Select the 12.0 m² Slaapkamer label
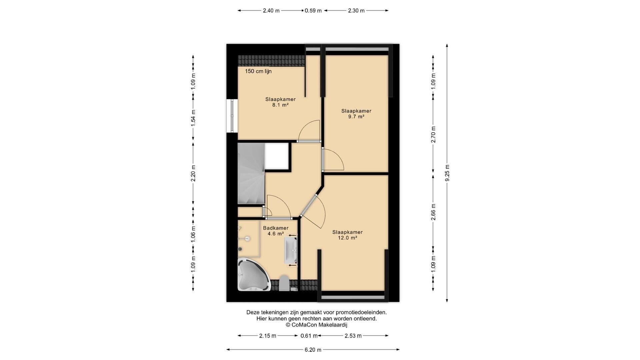coord(347,235)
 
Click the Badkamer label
coord(276,228)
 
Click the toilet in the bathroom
coord(284,283)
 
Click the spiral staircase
coord(251,173)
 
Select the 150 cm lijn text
coord(258,71)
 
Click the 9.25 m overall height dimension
coord(447,173)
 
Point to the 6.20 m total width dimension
coord(313,350)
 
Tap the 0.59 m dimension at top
coord(313,11)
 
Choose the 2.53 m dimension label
coord(353,336)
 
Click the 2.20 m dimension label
coord(193,173)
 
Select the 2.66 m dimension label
coord(433,212)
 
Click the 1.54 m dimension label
coord(193,118)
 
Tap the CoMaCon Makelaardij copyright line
coord(316,325)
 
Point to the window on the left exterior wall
coord(232,116)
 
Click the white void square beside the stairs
coord(276,156)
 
